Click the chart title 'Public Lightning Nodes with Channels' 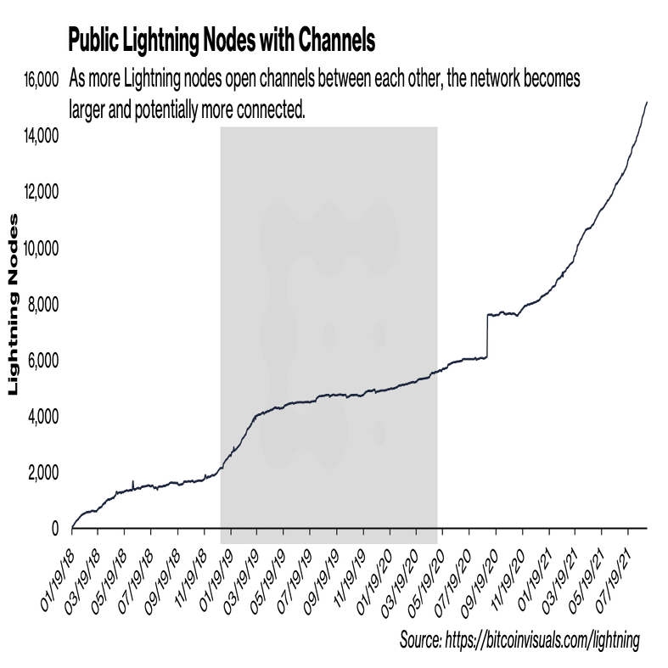tap(221, 40)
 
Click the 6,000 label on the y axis tap(39, 361)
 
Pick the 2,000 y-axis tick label tap(39, 473)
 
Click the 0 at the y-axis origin tap(53, 529)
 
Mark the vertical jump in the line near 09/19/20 tap(487, 336)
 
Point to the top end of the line tap(648, 102)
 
